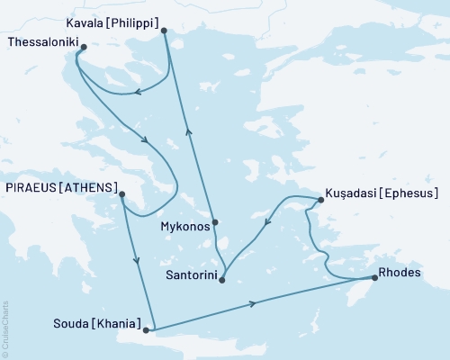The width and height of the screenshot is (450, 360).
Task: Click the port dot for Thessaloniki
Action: (83, 47)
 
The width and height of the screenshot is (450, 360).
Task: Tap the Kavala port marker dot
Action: (164, 31)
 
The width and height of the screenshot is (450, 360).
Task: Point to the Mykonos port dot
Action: (215, 222)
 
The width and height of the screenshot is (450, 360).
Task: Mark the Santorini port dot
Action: (221, 281)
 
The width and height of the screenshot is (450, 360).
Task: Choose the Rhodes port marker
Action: (374, 277)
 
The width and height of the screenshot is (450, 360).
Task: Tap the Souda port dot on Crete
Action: (146, 330)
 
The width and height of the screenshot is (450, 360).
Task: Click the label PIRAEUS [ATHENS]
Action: (61, 188)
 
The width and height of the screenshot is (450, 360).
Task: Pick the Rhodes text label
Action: (400, 276)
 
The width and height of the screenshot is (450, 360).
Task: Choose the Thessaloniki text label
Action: (41, 41)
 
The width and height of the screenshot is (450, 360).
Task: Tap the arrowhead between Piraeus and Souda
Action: (137, 261)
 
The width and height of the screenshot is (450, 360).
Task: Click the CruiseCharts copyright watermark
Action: (5, 329)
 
